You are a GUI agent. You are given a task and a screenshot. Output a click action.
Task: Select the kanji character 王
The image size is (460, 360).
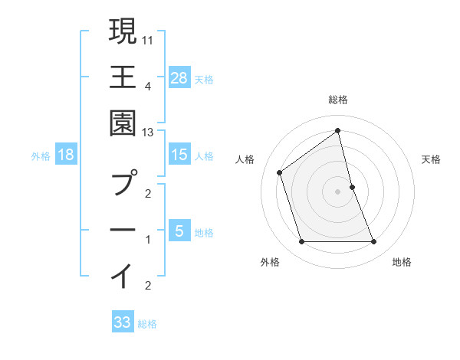tap(123, 77)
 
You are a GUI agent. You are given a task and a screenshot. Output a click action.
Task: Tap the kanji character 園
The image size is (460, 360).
tap(123, 123)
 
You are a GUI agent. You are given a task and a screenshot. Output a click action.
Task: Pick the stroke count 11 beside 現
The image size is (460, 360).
tap(148, 39)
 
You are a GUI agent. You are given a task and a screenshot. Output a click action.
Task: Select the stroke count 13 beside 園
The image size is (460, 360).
tap(148, 133)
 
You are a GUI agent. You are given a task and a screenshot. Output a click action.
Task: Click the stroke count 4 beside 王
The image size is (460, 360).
tap(148, 86)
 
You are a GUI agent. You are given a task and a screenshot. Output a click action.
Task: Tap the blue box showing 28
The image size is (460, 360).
tap(179, 77)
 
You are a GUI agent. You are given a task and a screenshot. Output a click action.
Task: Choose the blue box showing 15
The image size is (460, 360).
tap(179, 155)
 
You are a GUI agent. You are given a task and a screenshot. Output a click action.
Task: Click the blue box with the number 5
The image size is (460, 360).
tap(179, 231)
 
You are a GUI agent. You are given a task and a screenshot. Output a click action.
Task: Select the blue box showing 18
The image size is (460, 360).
tap(66, 155)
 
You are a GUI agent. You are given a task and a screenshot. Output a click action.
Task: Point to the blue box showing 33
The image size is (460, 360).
tap(123, 322)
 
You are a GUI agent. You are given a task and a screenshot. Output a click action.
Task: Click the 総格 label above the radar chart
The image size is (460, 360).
tap(338, 100)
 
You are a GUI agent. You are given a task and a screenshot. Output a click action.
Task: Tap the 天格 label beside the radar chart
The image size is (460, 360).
tap(432, 159)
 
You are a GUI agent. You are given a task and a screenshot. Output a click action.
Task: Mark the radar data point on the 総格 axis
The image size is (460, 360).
tap(338, 131)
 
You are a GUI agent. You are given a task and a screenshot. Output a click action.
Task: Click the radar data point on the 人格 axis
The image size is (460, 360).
tap(280, 172)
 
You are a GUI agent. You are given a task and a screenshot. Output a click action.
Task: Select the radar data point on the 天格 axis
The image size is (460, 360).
tap(352, 187)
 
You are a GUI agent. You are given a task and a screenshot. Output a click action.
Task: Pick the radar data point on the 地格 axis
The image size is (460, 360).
tap(374, 242)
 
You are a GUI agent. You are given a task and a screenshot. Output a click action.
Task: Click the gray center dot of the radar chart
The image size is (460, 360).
tap(338, 191)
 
